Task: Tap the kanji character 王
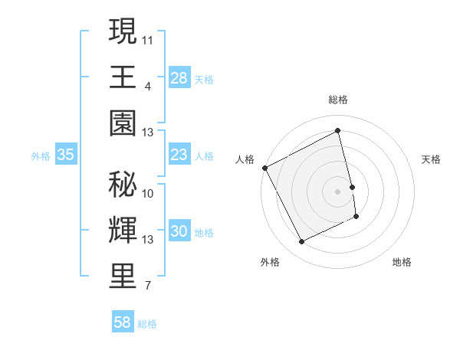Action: click(123, 77)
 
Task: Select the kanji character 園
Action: click(123, 123)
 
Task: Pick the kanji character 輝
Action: click(123, 230)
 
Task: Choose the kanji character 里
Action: click(123, 277)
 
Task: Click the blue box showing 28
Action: click(179, 78)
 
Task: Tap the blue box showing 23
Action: click(179, 155)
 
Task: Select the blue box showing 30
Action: click(179, 232)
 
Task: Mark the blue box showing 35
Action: click(66, 155)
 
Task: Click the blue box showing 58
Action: click(123, 322)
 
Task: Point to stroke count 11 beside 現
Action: click(148, 38)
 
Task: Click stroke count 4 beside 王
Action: click(147, 85)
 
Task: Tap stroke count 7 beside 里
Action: click(147, 286)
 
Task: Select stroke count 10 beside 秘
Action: click(148, 193)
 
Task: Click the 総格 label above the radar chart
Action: click(337, 100)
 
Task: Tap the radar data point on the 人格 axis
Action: click(265, 168)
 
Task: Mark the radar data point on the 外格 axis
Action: click(301, 242)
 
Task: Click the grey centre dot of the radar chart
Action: click(337, 191)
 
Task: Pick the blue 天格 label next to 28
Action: click(204, 79)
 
